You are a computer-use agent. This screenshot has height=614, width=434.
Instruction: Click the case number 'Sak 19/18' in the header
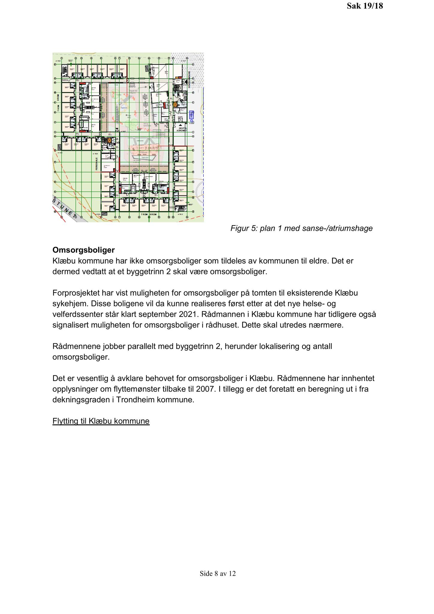pyautogui.click(x=365, y=6)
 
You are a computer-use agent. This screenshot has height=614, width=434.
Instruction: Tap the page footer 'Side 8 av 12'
pyautogui.click(x=218, y=573)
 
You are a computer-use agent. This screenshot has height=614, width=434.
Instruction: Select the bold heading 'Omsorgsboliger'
pyautogui.click(x=84, y=250)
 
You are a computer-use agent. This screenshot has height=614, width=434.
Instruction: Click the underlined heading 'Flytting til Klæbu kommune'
pyautogui.click(x=101, y=421)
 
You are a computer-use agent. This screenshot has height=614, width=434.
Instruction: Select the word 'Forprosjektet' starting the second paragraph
pyautogui.click(x=76, y=293)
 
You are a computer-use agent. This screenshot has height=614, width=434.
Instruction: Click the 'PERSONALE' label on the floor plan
pyautogui.click(x=97, y=164)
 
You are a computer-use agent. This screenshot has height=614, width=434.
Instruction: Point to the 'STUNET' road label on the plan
pyautogui.click(x=64, y=208)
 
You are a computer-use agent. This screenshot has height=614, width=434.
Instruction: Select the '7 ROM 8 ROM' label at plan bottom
pyautogui.click(x=149, y=214)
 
